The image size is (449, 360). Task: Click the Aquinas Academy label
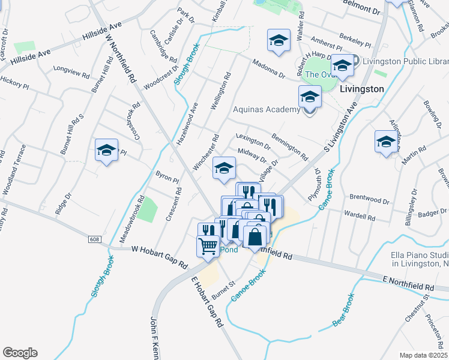[x=266, y=109]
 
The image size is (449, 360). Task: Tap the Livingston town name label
[x=361, y=88]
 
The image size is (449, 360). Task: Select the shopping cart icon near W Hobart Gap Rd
[x=208, y=245]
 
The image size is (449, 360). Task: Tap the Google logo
[x=20, y=353]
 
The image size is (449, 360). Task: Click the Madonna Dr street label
[x=268, y=69]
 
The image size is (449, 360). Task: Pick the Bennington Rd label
[x=289, y=147]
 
